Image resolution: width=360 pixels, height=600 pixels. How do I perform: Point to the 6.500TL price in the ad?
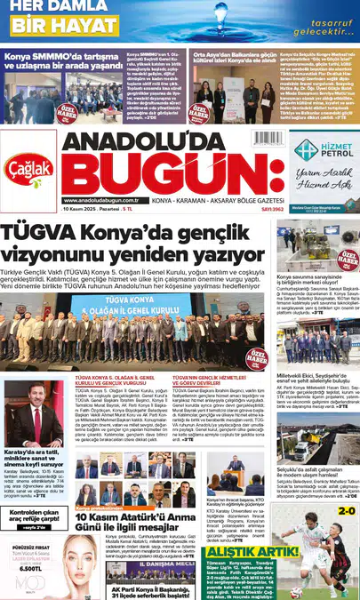point(31,567)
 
